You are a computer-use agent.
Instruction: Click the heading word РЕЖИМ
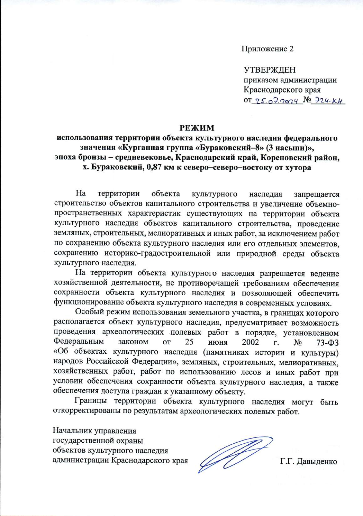coord(197,128)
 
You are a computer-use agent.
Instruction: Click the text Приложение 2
coord(267,49)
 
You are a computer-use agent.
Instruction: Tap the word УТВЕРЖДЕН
coord(270,70)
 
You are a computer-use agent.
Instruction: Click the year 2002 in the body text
coord(250,342)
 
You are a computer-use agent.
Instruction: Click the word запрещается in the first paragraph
coord(317,194)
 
